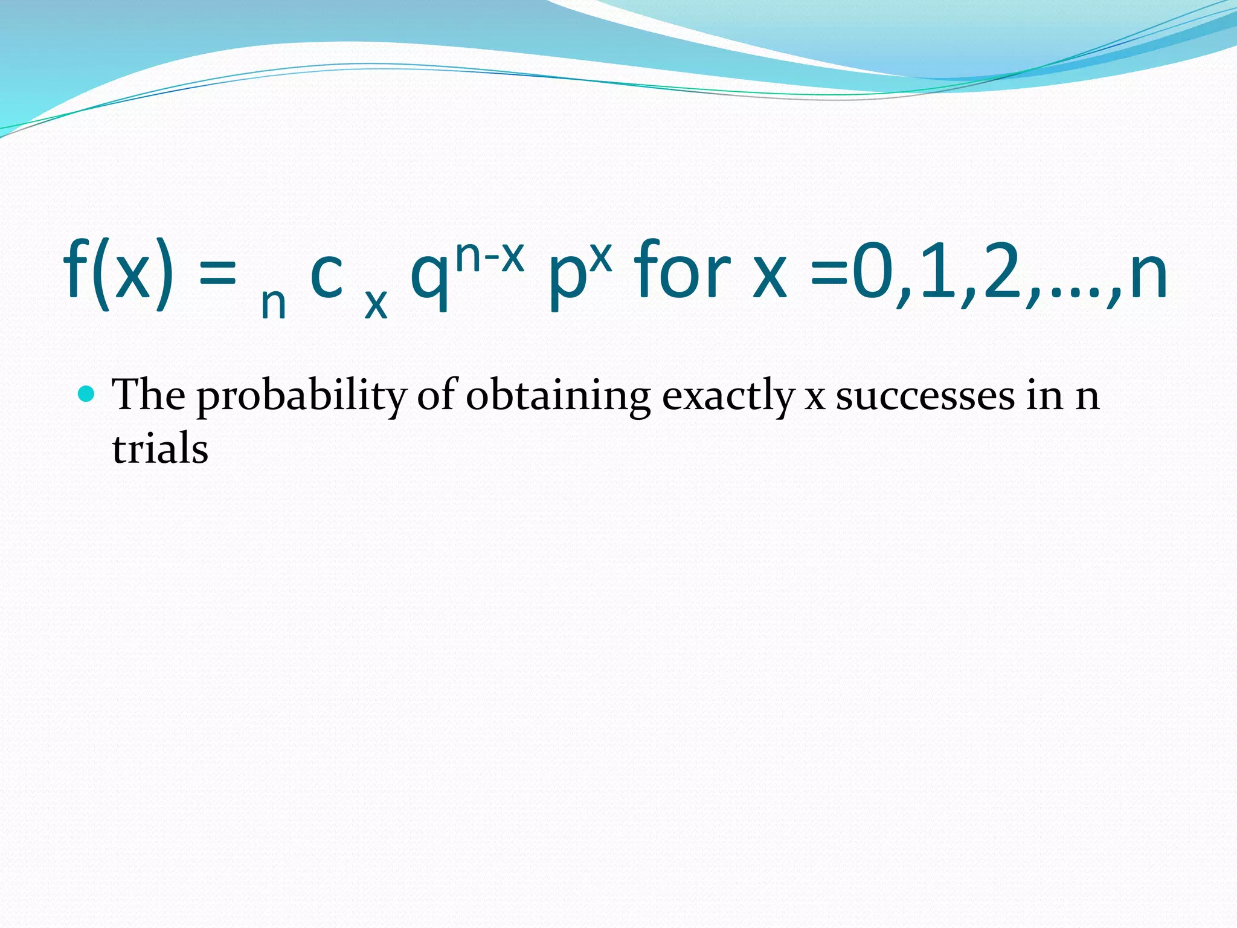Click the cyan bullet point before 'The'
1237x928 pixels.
click(x=87, y=395)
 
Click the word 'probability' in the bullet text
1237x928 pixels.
click(x=302, y=397)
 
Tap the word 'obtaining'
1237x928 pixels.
click(x=558, y=396)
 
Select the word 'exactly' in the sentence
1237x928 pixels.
click(x=728, y=397)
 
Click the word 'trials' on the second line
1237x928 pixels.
click(x=160, y=449)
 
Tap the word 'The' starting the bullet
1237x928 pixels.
click(x=149, y=395)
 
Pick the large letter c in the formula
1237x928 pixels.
click(x=327, y=276)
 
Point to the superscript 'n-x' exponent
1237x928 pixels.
click(x=489, y=256)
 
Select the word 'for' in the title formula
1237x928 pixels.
click(x=683, y=271)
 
